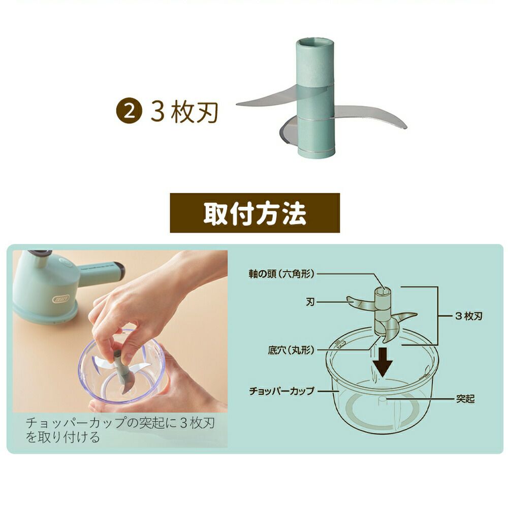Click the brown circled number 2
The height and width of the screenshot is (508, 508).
(x=129, y=112)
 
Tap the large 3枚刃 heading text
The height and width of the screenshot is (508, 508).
(x=184, y=112)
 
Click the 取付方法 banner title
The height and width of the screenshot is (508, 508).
(x=255, y=213)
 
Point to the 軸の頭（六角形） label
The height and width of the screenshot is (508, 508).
(x=281, y=274)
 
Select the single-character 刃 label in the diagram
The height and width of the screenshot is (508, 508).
(x=310, y=302)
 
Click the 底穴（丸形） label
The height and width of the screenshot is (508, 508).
(x=291, y=350)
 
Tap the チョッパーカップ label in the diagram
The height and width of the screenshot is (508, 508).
(x=281, y=391)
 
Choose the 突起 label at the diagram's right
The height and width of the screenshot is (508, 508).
(x=465, y=398)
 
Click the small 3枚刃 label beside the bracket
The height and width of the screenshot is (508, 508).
(x=469, y=316)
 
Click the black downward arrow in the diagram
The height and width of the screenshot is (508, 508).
(x=383, y=362)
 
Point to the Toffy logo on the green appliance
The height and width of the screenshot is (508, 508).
(x=61, y=298)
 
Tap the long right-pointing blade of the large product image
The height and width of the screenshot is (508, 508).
(x=369, y=117)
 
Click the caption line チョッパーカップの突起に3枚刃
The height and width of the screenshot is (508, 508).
(x=120, y=423)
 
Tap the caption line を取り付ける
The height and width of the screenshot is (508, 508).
(x=62, y=437)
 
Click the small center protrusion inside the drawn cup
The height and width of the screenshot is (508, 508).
(x=383, y=401)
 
